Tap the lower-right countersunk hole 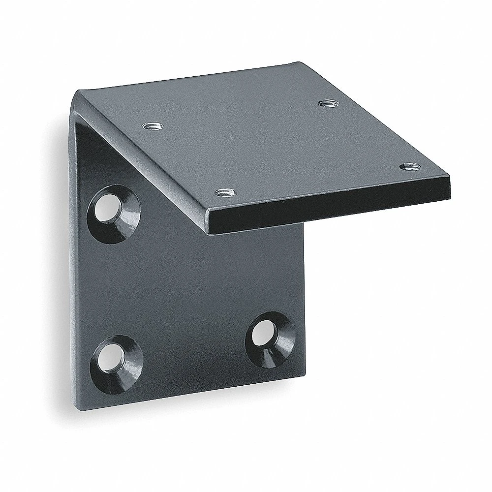[x=266, y=338]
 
